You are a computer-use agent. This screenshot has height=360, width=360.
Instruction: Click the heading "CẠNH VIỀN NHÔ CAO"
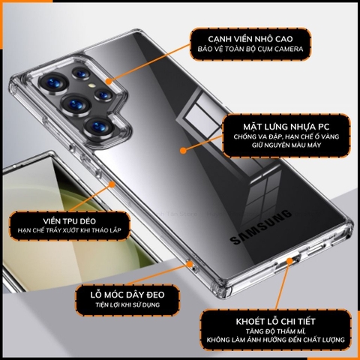click(x=248, y=37)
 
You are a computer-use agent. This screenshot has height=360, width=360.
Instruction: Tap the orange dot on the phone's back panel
click(x=184, y=150)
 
